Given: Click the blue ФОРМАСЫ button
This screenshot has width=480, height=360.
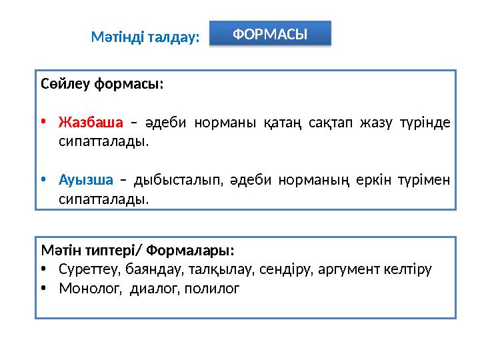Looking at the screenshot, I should point(270,33).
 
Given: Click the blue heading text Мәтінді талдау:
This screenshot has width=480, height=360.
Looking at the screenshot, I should point(145,38).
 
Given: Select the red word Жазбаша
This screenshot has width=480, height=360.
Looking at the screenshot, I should point(91,123).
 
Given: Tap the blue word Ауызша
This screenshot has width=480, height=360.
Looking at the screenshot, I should point(86,180).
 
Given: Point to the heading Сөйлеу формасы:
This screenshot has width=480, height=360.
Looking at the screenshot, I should point(102,85).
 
